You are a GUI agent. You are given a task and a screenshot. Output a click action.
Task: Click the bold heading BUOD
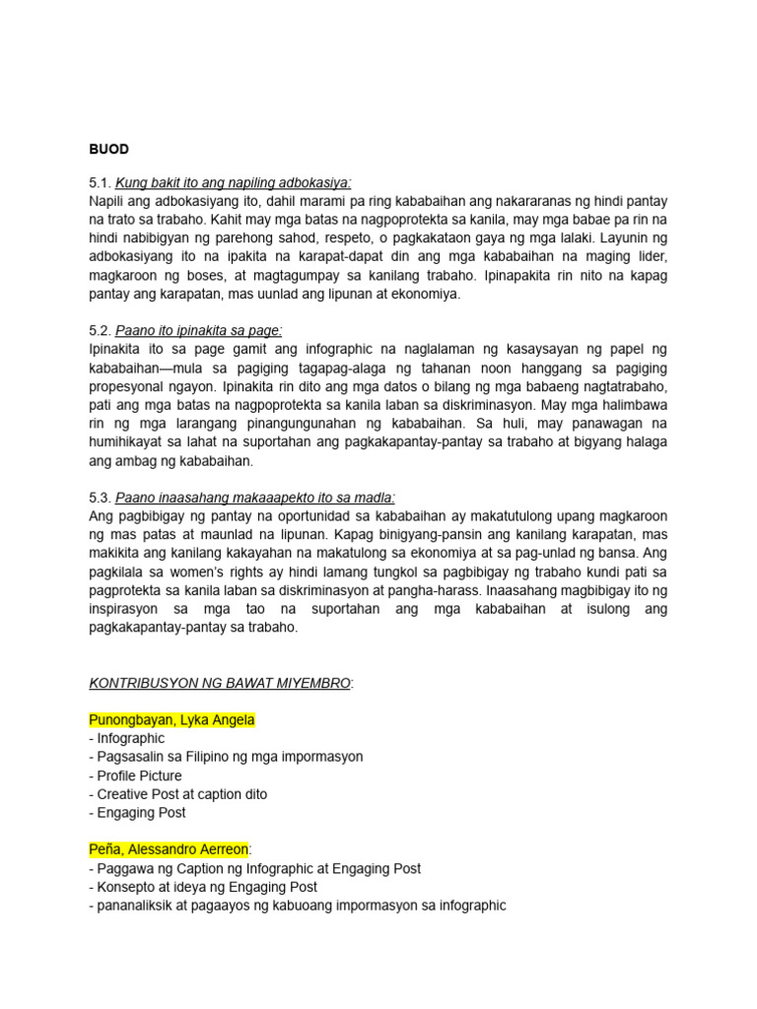pyautogui.click(x=108, y=149)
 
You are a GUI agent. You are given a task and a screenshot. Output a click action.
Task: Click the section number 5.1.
pyautogui.click(x=100, y=182)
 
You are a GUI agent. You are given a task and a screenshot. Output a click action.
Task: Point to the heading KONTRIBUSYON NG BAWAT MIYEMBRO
pyautogui.click(x=219, y=683)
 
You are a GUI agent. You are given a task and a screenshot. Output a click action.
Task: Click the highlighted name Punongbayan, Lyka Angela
pyautogui.click(x=172, y=720)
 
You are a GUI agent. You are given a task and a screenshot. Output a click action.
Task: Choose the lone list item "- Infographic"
pyautogui.click(x=127, y=738)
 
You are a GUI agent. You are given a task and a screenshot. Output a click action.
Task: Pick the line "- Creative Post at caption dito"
pyautogui.click(x=177, y=794)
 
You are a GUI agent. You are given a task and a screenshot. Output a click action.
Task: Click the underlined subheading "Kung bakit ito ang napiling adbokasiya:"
pyautogui.click(x=233, y=182)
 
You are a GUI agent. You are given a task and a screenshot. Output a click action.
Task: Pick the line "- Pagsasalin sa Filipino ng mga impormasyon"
pyautogui.click(x=226, y=757)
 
